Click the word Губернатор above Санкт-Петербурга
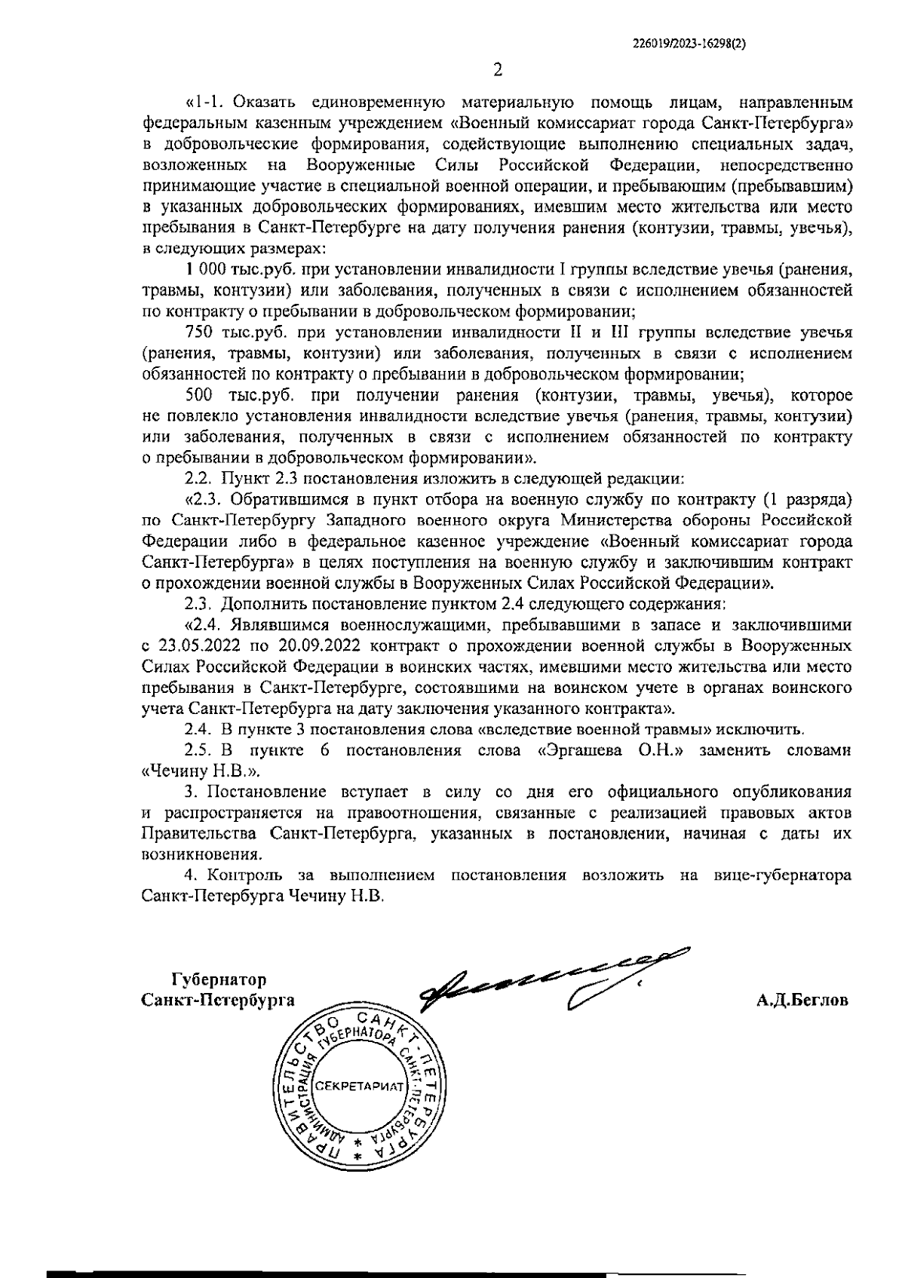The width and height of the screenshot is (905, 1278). [x=219, y=980]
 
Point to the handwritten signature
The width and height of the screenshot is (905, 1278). [x=543, y=976]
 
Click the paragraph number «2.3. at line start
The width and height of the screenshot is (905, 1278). [x=204, y=499]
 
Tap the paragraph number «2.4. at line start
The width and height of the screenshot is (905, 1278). [x=204, y=625]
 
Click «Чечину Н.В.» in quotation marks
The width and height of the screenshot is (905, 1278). [x=201, y=771]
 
